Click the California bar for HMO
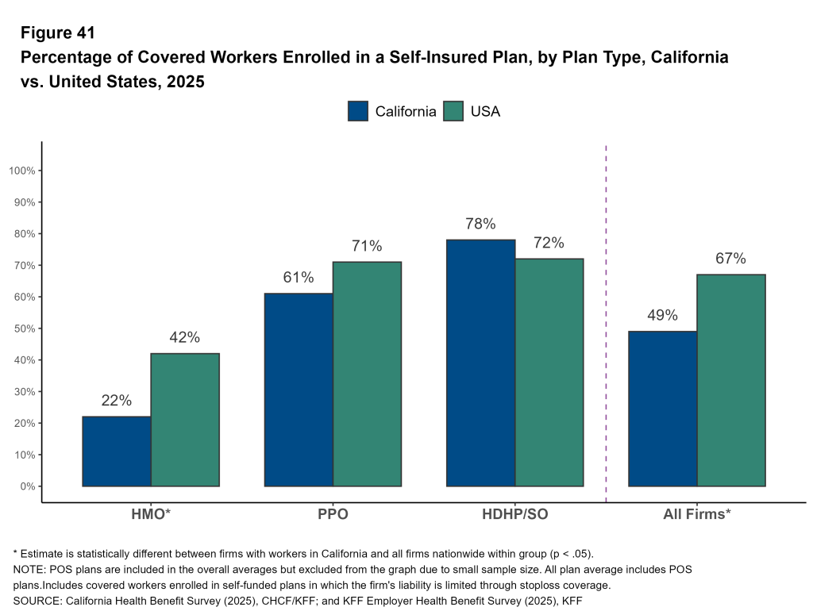[117, 451]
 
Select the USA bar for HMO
[185, 419]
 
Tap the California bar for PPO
[299, 390]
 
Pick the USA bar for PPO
[367, 374]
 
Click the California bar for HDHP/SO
[481, 363]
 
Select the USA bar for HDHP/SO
[549, 372]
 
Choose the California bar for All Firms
[662, 409]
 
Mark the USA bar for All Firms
[731, 380]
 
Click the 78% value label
[480, 224]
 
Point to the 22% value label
[117, 401]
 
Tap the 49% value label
[662, 315]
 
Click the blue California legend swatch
[358, 111]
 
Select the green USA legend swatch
[453, 111]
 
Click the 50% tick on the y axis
[28, 329]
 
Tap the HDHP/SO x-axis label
[515, 514]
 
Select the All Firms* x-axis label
[697, 514]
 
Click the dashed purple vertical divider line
[607, 317]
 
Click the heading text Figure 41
[58, 33]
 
